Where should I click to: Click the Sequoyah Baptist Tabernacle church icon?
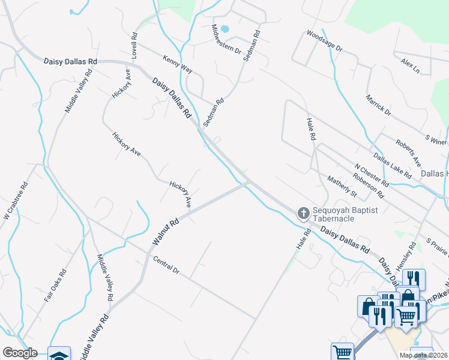(304, 212)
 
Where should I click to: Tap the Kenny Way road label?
(177, 64)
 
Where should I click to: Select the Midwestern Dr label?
(226, 39)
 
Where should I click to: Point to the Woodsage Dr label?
(324, 40)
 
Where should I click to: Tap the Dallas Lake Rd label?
(392, 166)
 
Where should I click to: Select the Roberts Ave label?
(408, 152)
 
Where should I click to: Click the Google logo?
(20, 353)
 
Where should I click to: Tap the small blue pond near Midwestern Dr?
(225, 28)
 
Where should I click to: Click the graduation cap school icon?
(59, 354)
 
